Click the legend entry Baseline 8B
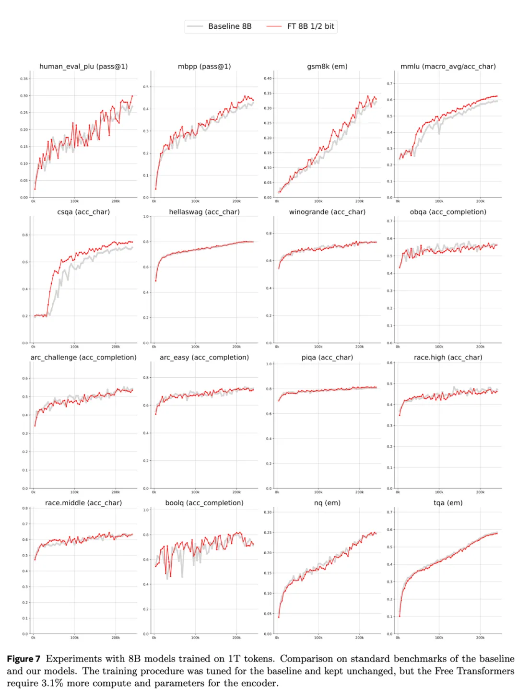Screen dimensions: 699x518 (229, 26)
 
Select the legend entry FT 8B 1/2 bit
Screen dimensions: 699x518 (310, 26)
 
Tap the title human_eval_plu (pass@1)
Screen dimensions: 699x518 (83, 67)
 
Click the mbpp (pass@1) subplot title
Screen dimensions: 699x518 (204, 67)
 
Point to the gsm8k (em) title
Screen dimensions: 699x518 (327, 67)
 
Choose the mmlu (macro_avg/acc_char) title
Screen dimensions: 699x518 (448, 67)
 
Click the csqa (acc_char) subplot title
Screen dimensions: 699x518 (83, 212)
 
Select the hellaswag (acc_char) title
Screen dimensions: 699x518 (204, 212)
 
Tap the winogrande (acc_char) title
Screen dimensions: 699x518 (327, 212)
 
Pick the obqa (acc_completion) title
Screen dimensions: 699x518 (448, 212)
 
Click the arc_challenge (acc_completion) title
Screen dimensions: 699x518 (83, 358)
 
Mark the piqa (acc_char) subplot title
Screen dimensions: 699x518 (327, 358)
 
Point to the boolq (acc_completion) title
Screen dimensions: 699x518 (204, 503)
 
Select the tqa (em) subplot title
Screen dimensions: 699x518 (448, 503)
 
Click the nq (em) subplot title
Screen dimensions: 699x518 (327, 503)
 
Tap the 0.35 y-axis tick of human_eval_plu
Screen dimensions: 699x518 (24, 79)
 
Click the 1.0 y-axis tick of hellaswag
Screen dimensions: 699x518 (146, 217)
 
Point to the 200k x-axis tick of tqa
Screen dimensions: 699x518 (480, 638)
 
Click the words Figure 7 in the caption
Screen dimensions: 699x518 (24, 659)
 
